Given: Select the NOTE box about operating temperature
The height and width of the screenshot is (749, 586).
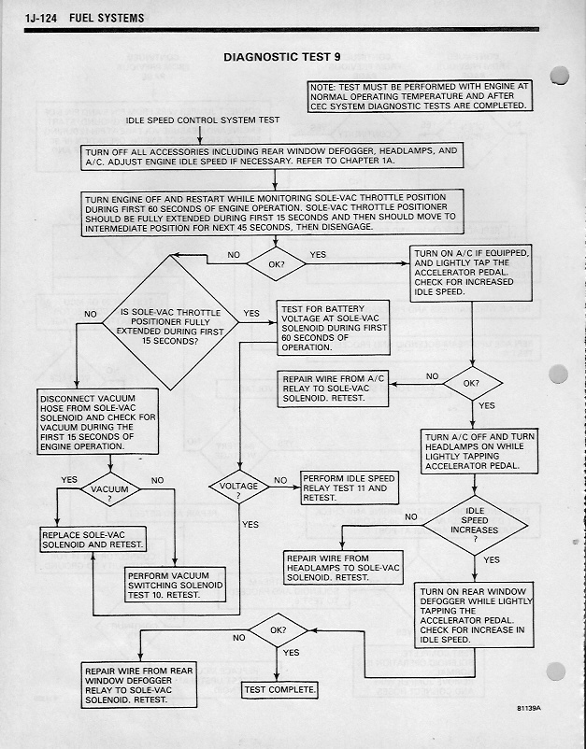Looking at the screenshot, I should pos(419,96).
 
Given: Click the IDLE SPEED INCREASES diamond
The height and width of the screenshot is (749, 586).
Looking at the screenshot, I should pos(476,525).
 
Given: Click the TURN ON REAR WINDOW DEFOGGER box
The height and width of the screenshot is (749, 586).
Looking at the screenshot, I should pos(474,615).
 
